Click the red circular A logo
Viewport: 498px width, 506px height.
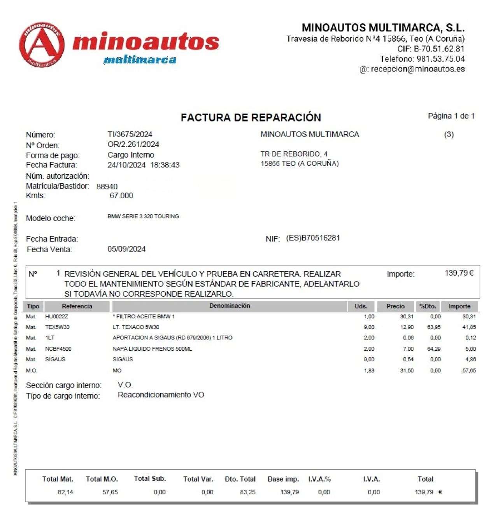click(42, 44)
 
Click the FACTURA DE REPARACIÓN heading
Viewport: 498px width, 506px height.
click(251, 118)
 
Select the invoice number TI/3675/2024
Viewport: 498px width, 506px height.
click(130, 134)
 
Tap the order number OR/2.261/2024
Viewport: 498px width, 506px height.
click(133, 144)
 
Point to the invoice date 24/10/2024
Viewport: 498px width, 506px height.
click(126, 165)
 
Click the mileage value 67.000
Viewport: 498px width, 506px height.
click(121, 195)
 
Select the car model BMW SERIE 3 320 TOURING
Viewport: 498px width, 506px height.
click(143, 216)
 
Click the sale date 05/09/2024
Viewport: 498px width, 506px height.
click(126, 249)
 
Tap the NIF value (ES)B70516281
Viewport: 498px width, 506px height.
click(313, 238)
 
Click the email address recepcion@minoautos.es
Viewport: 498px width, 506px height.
click(417, 69)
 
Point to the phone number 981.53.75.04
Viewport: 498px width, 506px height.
click(440, 59)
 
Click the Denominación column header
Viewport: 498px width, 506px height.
click(230, 306)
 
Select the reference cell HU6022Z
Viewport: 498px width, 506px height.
click(56, 317)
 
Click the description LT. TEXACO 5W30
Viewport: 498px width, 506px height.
click(136, 327)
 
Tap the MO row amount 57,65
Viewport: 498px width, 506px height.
click(469, 371)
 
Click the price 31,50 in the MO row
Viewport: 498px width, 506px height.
click(407, 371)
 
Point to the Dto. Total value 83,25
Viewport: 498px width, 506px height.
click(248, 492)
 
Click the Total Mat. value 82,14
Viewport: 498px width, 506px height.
click(65, 492)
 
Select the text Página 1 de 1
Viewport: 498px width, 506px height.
click(451, 116)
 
